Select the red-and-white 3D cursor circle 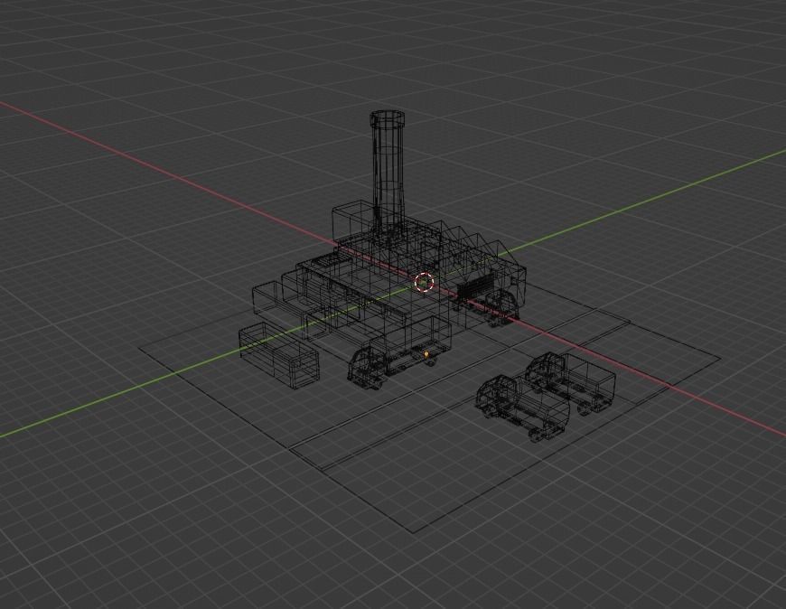pyautogui.click(x=425, y=283)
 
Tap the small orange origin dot pyautogui.click(x=426, y=355)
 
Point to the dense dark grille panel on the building pyautogui.click(x=472, y=289)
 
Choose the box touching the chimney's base pyautogui.click(x=351, y=220)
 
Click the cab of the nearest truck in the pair pyautogui.click(x=498, y=397)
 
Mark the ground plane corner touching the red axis pyautogui.click(x=720, y=358)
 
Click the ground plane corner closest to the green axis pyautogui.click(x=140, y=345)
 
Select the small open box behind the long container pyautogui.click(x=266, y=298)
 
